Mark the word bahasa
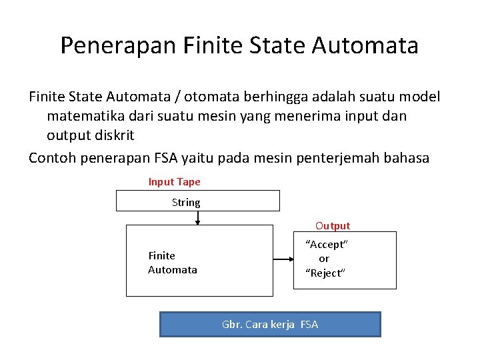tap(408, 158)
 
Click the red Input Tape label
tap(174, 182)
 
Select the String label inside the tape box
tap(186, 202)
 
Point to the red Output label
tap(333, 226)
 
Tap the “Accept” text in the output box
tap(326, 244)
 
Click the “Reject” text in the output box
tap(325, 273)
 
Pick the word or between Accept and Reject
tap(324, 259)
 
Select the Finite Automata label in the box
tap(172, 263)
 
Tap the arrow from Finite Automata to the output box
tap(283, 260)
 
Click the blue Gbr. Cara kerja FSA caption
tap(270, 325)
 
